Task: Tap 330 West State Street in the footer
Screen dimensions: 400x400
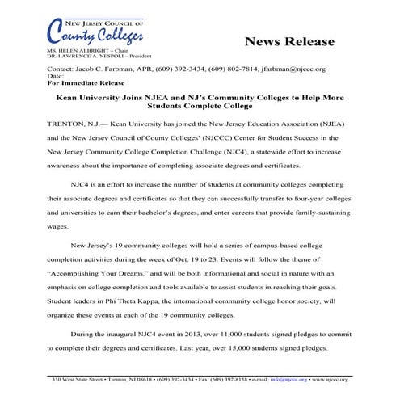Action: [78, 378]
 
